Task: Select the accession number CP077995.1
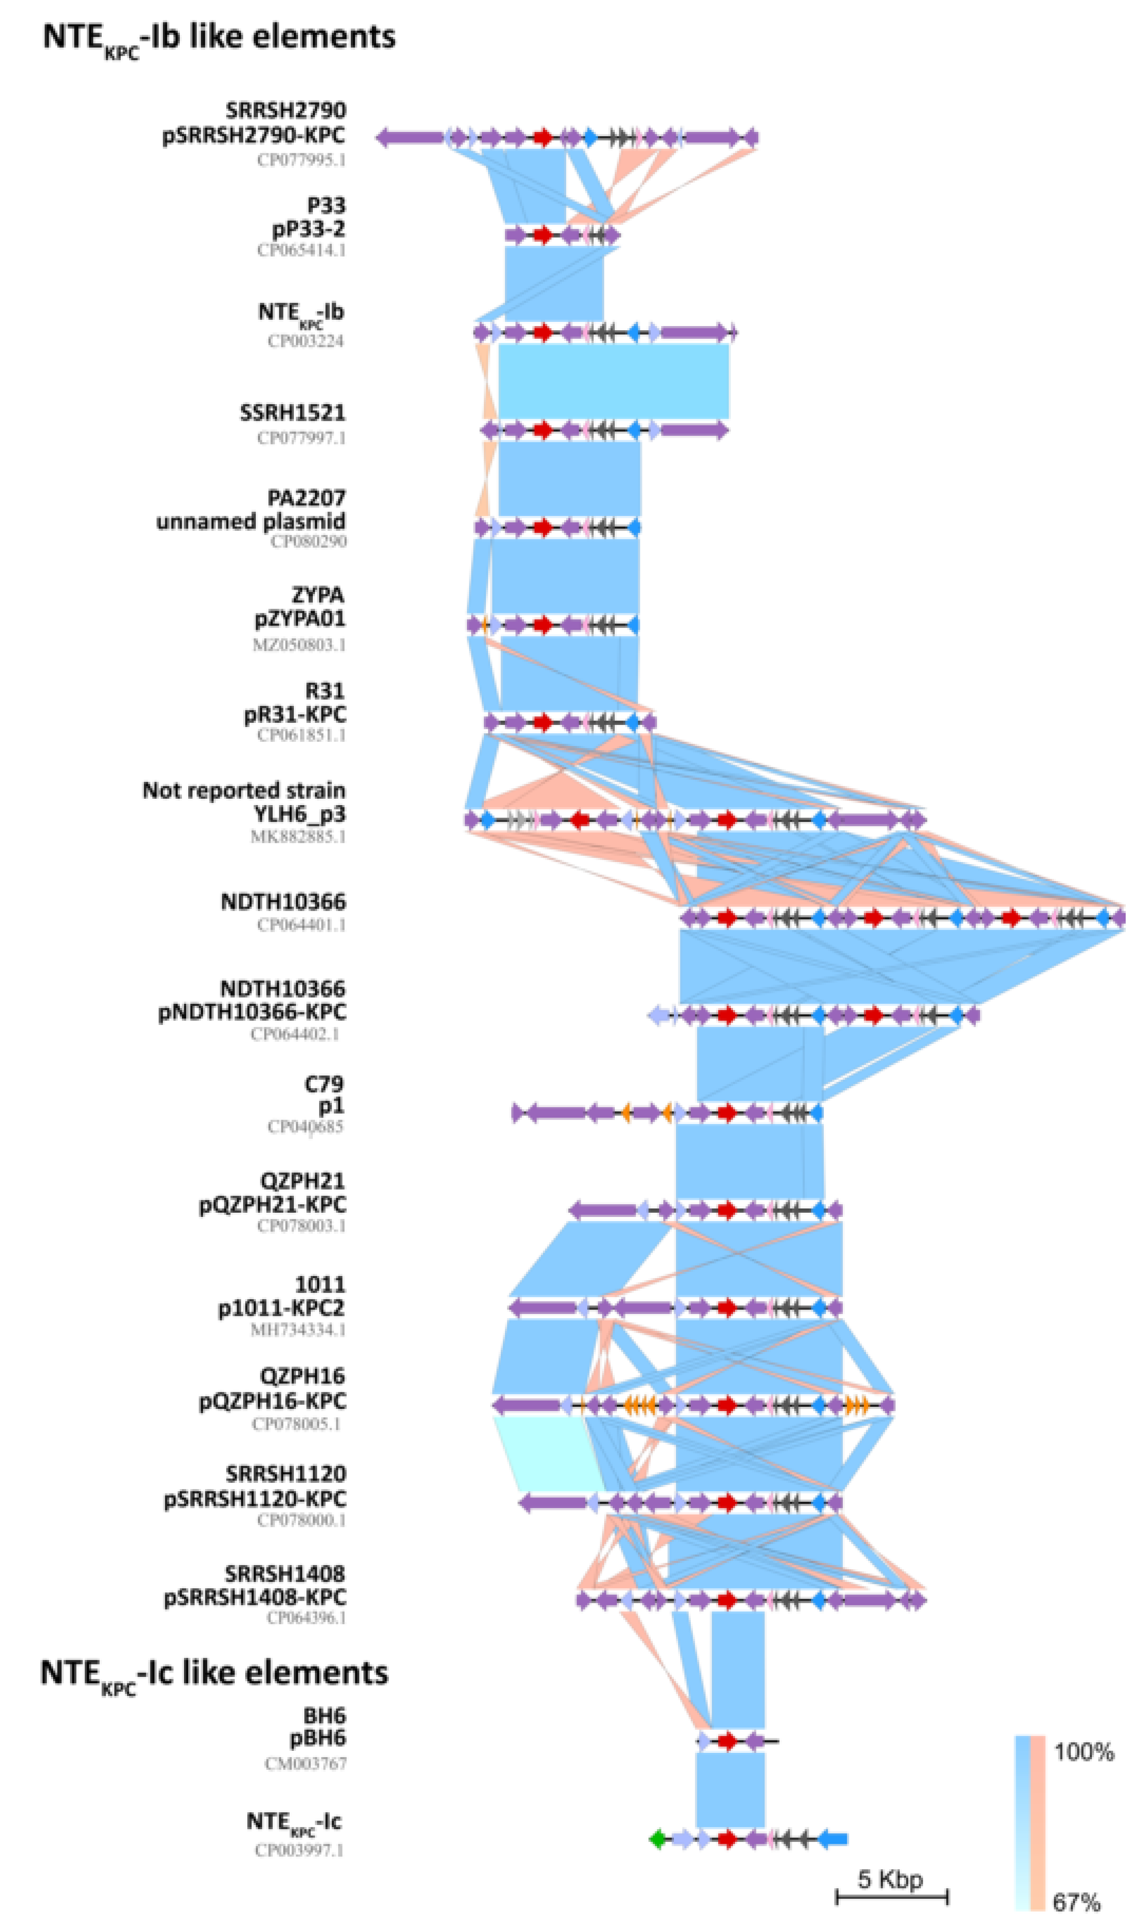[x=301, y=160]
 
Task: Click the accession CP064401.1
[x=301, y=924]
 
